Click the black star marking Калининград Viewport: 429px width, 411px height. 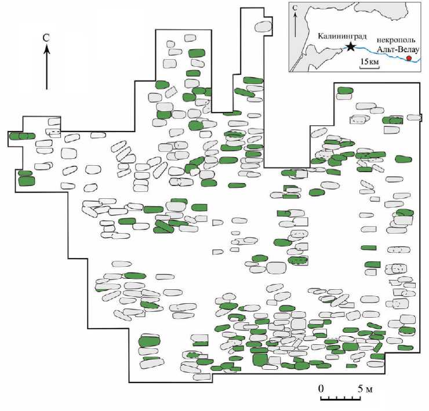pos(350,46)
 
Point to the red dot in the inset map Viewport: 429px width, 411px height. pos(409,59)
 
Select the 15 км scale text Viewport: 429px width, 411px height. pos(370,60)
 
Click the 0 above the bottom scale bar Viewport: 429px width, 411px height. pos(321,388)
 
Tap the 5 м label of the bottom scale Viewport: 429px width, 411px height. pos(363,388)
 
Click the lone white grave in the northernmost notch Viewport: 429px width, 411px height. pos(264,27)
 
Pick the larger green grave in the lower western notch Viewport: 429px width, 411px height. pos(27,181)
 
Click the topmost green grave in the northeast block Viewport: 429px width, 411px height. pos(346,90)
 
